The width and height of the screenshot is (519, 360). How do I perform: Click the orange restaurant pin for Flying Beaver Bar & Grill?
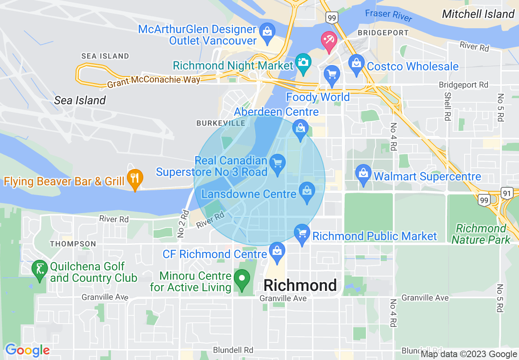(135, 178)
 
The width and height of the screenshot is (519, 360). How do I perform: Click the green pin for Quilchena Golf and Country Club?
(40, 270)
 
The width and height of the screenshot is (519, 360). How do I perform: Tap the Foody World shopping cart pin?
(332, 75)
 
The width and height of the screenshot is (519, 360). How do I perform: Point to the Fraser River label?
(389, 16)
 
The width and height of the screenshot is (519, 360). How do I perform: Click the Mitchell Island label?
(478, 14)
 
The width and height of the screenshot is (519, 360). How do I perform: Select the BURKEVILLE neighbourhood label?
(221, 123)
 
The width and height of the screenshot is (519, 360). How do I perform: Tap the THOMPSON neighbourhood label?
(73, 244)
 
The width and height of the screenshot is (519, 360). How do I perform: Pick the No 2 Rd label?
(183, 224)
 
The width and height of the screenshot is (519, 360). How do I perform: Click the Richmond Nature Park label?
(481, 234)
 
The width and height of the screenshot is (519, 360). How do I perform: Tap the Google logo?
(27, 350)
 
